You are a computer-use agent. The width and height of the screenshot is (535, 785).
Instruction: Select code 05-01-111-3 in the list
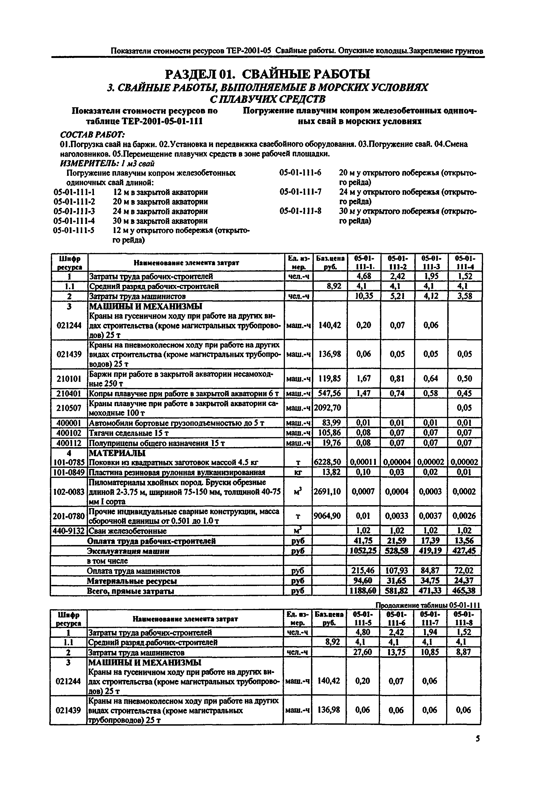pyautogui.click(x=74, y=211)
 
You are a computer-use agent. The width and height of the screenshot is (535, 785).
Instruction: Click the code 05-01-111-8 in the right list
pyautogui.click(x=300, y=211)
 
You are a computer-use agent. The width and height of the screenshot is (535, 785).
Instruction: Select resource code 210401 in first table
pyautogui.click(x=69, y=393)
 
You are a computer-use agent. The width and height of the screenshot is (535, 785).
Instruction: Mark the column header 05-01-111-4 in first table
pyautogui.click(x=464, y=262)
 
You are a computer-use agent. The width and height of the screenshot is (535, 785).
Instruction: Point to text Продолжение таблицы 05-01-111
pyautogui.click(x=428, y=605)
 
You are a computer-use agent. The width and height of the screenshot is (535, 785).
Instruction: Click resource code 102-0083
pyautogui.click(x=69, y=491)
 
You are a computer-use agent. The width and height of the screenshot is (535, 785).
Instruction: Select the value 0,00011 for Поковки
pyautogui.click(x=363, y=462)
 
